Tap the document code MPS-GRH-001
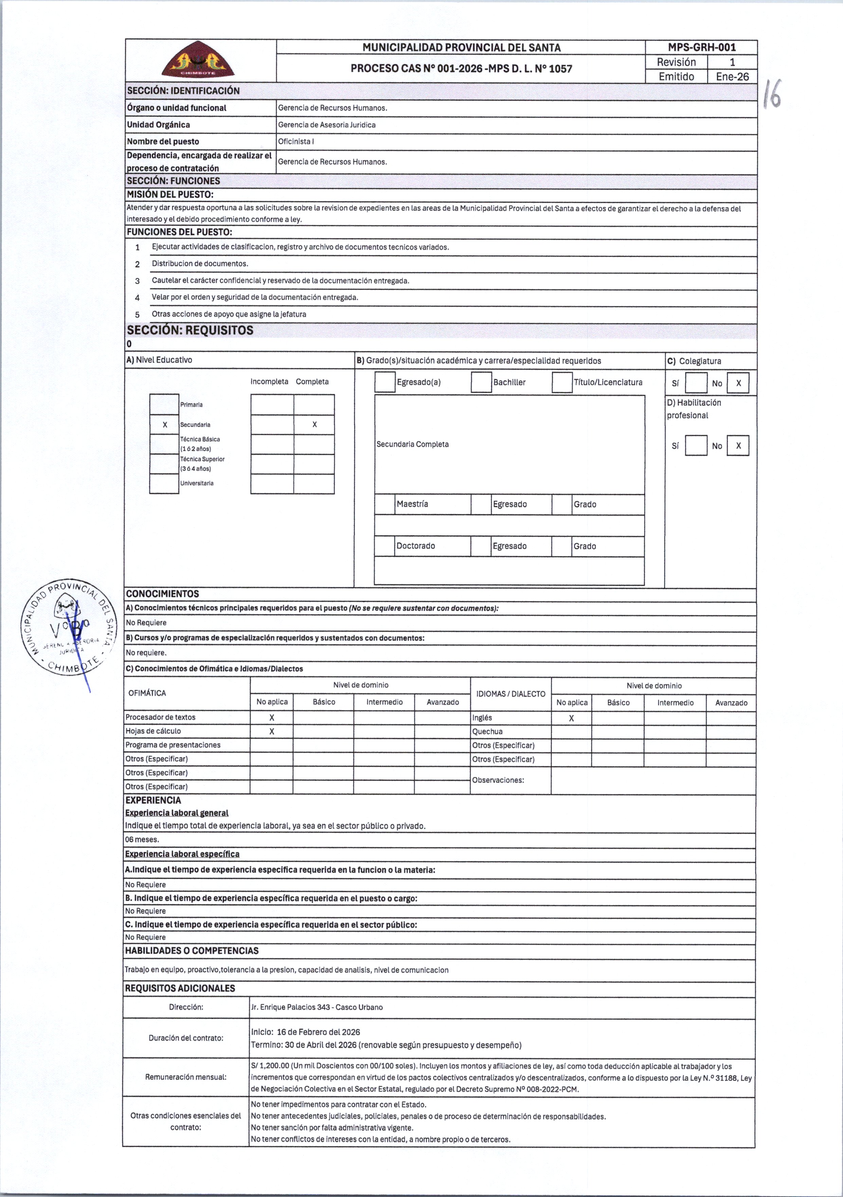pos(702,48)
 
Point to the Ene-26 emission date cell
pos(732,77)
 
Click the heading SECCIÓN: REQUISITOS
pos(190,330)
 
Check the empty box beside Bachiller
pos(481,382)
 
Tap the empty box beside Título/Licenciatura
pos(562,382)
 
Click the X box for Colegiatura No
pos(738,383)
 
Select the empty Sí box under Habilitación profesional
pos(696,446)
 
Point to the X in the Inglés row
pos(571,718)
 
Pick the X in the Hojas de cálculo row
pos(272,731)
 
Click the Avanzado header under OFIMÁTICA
pos(443,702)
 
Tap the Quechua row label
pos(487,731)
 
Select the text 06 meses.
pos(142,839)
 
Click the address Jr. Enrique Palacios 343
pos(317,1007)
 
